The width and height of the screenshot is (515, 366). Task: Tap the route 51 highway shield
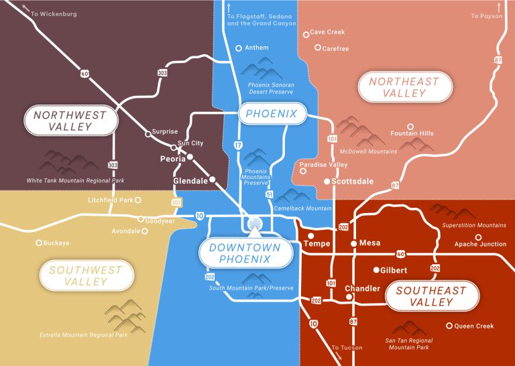(x=270, y=194)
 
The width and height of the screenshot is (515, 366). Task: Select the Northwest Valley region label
(x=70, y=121)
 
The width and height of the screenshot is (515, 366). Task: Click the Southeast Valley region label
(x=431, y=296)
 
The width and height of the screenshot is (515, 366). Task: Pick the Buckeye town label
(x=56, y=243)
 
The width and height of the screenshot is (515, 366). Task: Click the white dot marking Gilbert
(x=376, y=270)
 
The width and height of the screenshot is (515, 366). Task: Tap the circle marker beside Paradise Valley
(x=303, y=172)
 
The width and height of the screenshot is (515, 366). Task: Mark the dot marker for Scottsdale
(x=327, y=182)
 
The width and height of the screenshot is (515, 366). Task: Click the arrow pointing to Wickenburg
(x=26, y=7)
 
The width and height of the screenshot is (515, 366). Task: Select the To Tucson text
(x=347, y=348)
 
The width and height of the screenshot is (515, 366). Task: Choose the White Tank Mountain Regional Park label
(x=75, y=181)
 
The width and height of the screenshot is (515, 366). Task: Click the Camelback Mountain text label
(x=303, y=209)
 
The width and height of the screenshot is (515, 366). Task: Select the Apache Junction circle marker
(x=478, y=237)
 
